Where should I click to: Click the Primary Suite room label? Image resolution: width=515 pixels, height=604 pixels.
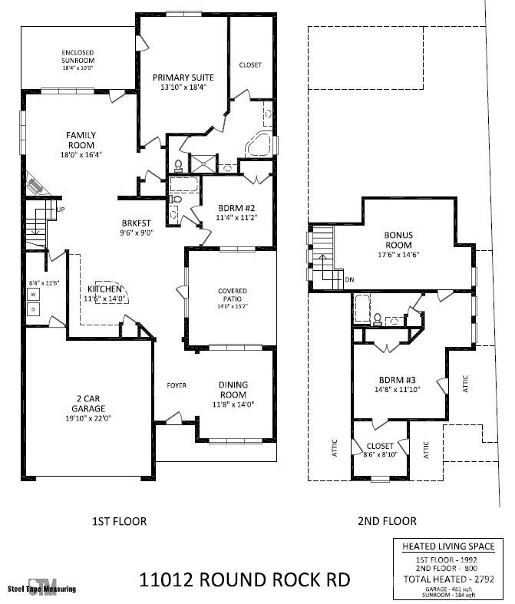click(x=183, y=78)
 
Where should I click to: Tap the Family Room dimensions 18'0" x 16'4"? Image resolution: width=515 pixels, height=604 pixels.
click(x=81, y=155)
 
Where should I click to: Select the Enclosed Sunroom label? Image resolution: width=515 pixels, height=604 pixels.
click(x=78, y=56)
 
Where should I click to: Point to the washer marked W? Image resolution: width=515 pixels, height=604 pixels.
click(x=33, y=295)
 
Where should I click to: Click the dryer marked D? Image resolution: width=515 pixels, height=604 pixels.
click(x=33, y=309)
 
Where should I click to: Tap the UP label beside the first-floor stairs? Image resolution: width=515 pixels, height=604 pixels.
click(x=61, y=210)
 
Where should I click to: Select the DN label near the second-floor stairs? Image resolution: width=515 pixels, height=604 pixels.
click(x=349, y=279)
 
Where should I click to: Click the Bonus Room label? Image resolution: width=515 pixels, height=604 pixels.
click(x=398, y=240)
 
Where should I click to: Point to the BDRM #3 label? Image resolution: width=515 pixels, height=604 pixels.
click(x=397, y=380)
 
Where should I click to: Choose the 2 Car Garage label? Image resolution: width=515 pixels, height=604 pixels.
click(x=88, y=404)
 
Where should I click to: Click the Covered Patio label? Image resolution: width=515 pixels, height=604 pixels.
click(x=233, y=295)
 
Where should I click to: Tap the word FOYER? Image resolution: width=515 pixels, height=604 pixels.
click(x=177, y=385)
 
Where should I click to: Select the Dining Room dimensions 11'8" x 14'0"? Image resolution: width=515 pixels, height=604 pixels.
click(x=233, y=404)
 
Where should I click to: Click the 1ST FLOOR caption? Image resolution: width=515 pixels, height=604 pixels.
click(x=119, y=521)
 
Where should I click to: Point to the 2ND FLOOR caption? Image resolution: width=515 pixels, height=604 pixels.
click(x=387, y=521)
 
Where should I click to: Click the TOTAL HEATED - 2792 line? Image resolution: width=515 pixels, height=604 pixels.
click(x=449, y=579)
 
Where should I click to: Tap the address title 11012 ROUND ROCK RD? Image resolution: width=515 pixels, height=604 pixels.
click(x=245, y=579)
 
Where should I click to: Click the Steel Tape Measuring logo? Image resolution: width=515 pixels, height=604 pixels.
click(x=42, y=587)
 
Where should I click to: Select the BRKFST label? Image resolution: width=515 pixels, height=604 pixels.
click(x=136, y=223)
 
